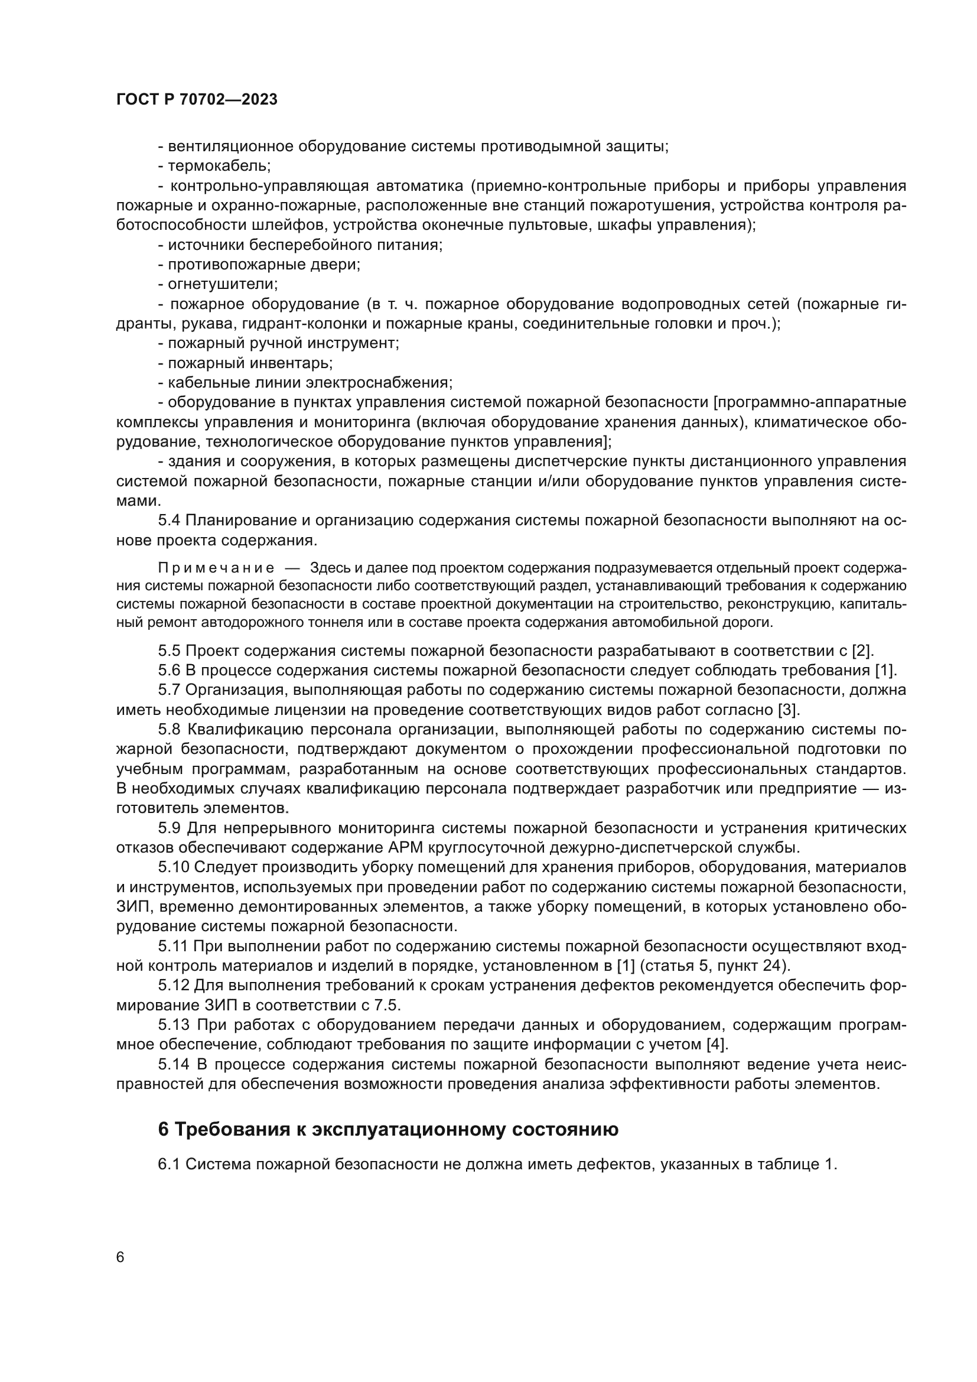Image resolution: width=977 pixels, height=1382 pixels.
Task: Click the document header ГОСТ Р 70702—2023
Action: (x=197, y=100)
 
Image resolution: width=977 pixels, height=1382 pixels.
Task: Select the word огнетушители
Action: (x=222, y=284)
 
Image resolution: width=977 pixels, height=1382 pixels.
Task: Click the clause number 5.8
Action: (x=170, y=730)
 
